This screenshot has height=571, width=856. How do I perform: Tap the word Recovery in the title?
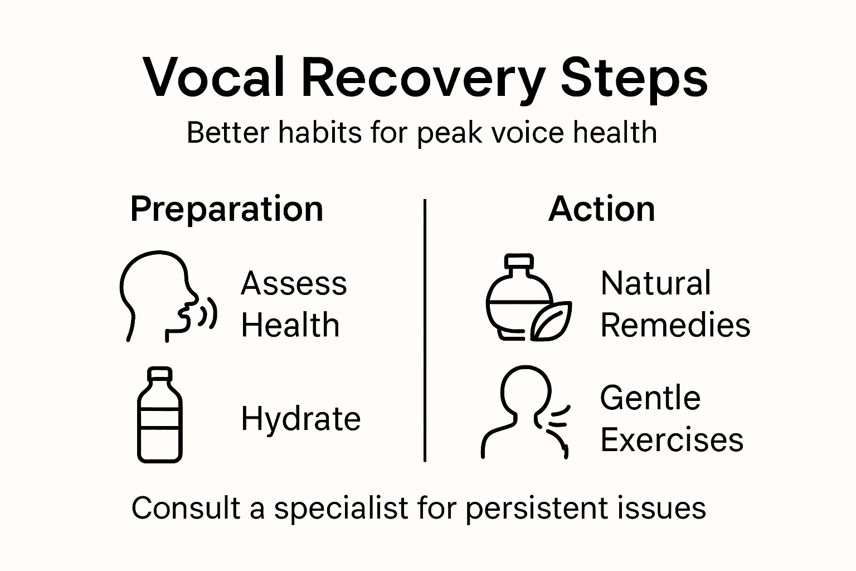[423, 78]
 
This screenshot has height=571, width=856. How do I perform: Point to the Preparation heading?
[227, 210]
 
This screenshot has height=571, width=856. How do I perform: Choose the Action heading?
[602, 210]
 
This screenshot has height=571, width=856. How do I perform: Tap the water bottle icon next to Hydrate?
[160, 415]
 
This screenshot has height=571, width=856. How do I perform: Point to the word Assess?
[294, 283]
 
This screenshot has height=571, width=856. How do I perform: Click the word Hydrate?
[301, 419]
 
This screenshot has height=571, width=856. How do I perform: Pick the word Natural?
[656, 283]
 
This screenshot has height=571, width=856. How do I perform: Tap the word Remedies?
[675, 325]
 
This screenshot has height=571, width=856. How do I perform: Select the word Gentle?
[650, 398]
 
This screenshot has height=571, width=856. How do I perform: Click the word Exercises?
[672, 440]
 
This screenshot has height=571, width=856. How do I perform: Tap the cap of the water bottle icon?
[160, 373]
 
